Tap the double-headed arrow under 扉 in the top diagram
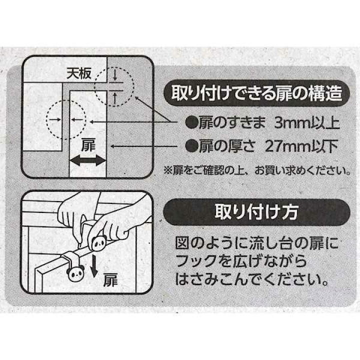(88, 160)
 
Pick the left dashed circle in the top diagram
(65, 119)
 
